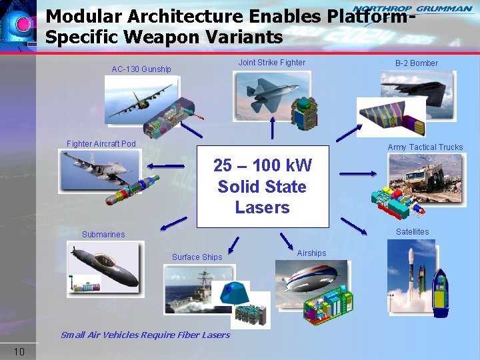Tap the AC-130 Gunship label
tap(141, 69)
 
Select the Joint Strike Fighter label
tap(272, 63)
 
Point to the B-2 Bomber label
tap(416, 63)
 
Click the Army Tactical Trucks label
tap(425, 147)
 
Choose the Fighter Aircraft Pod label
tap(101, 144)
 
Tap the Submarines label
tap(103, 235)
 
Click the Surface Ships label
tap(197, 257)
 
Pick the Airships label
tap(311, 253)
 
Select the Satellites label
tap(412, 232)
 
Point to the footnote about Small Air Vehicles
tap(145, 335)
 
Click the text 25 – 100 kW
tap(262, 165)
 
